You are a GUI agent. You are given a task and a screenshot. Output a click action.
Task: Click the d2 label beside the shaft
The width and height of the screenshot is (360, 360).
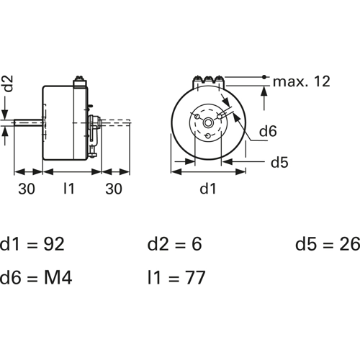tap(8, 84)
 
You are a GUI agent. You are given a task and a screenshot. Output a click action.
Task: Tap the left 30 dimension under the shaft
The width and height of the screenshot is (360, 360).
tap(27, 189)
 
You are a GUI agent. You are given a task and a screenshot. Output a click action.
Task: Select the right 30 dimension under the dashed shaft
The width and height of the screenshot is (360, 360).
tap(114, 189)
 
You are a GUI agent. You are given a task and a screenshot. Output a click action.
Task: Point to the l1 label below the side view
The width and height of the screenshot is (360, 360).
tap(69, 189)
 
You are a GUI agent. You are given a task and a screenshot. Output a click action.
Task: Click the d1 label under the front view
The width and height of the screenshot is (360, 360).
tap(208, 189)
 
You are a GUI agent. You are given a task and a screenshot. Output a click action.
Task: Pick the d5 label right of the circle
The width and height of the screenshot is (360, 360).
tap(279, 163)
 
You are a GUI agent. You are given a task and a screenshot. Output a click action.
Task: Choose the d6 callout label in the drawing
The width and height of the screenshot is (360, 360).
tap(268, 131)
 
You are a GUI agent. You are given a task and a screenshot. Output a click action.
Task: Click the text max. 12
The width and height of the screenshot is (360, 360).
tap(302, 81)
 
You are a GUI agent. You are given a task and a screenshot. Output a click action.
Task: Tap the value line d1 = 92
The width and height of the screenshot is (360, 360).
tap(32, 244)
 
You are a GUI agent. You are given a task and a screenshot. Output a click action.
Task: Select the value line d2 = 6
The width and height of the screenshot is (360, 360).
tap(174, 244)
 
